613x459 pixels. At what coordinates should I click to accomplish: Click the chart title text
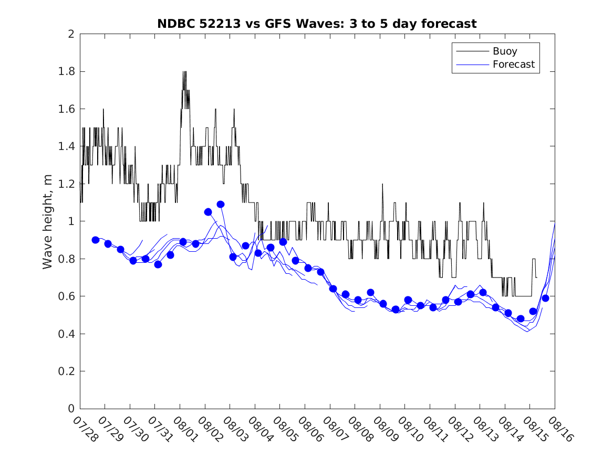click(317, 24)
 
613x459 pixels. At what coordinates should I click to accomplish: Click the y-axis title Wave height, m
click(48, 222)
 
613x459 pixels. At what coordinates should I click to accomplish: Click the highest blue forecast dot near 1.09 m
click(221, 204)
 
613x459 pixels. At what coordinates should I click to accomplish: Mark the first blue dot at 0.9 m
click(96, 240)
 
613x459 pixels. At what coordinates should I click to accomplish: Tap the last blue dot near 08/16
click(545, 298)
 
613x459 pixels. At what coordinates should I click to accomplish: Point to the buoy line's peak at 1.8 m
click(184, 72)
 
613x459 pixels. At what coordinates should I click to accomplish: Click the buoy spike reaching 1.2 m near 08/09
click(382, 184)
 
